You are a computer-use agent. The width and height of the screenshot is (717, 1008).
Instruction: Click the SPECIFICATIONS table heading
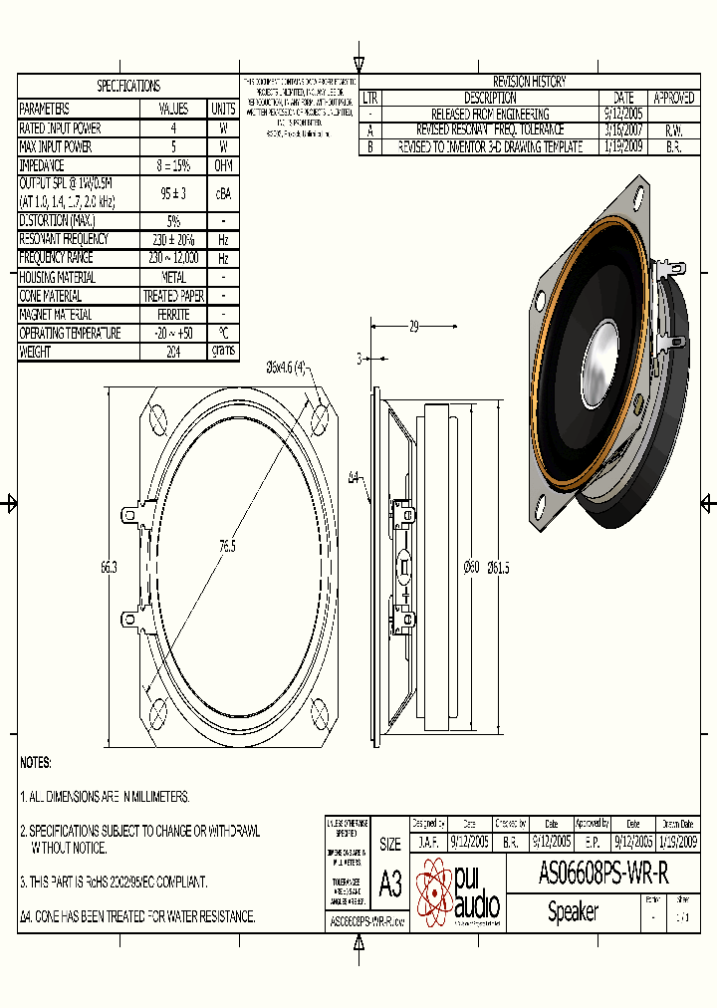[127, 87]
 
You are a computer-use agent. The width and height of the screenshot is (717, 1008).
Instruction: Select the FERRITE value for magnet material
[173, 315]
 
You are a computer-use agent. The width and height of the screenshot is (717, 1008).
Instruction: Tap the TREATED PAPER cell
[173, 296]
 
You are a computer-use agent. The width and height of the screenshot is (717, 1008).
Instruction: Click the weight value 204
[173, 352]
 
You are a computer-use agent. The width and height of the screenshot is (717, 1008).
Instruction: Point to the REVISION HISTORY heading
[529, 82]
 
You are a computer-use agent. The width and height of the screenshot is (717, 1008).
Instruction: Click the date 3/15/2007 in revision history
[623, 129]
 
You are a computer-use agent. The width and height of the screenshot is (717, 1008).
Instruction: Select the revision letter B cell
[370, 145]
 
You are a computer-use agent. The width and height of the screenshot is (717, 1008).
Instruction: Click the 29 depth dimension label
[413, 326]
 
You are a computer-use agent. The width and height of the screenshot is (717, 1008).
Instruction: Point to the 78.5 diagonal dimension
[227, 546]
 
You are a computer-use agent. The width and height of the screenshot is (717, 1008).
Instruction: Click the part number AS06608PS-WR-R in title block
[602, 874]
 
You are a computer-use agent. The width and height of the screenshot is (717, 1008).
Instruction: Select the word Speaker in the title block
[573, 912]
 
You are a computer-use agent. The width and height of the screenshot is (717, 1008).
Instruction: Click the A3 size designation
[391, 882]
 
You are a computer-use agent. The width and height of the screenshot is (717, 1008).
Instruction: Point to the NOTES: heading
[36, 762]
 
